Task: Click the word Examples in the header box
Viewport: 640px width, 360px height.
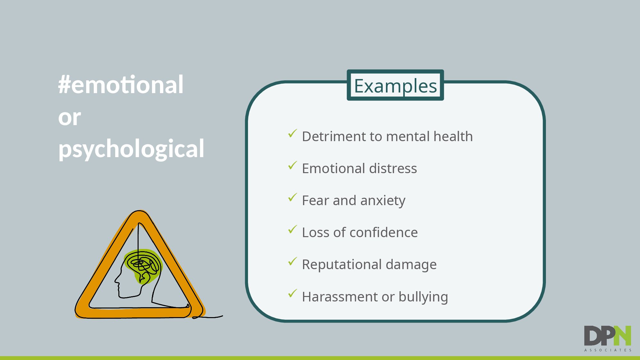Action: tap(395, 86)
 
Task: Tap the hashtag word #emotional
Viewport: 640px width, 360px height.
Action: tap(121, 84)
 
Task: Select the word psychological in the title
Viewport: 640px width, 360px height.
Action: tap(131, 149)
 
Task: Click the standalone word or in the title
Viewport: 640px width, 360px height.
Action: tap(69, 117)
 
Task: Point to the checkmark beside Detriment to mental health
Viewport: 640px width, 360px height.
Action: tap(292, 133)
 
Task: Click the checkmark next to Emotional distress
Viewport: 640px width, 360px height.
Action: tap(292, 165)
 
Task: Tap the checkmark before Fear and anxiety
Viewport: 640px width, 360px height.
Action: tap(292, 197)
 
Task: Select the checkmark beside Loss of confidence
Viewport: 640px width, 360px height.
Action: tap(292, 229)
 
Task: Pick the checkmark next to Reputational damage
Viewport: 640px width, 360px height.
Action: tap(292, 261)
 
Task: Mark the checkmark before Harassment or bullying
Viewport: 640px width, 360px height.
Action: tap(292, 293)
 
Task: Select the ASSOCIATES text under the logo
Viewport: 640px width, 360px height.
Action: tap(608, 350)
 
